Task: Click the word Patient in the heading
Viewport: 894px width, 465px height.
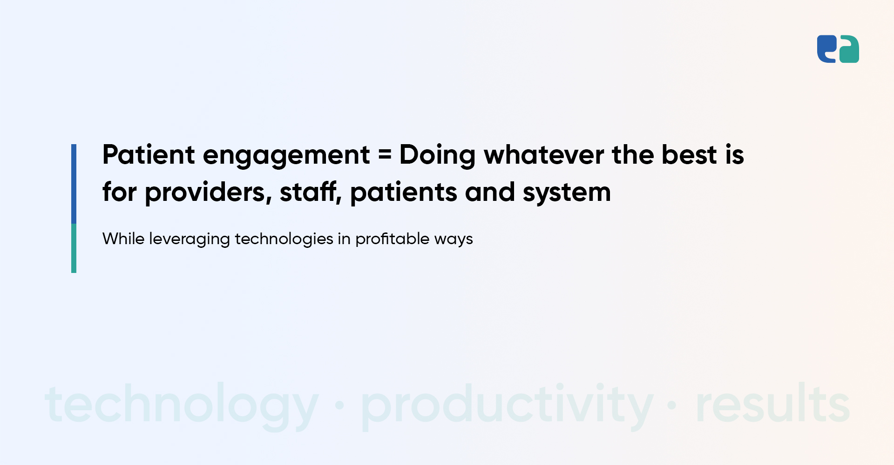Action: point(149,154)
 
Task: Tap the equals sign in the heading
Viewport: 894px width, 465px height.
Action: point(385,155)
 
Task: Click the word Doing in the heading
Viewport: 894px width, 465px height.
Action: point(437,156)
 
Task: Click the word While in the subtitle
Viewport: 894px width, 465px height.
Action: point(123,239)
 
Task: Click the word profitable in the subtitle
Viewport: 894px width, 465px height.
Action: point(393,240)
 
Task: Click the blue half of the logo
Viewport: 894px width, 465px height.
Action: point(827,49)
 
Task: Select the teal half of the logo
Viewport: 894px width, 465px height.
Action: point(849,49)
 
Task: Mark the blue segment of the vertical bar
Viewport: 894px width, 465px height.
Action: point(74,184)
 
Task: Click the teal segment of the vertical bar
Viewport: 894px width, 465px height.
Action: point(74,248)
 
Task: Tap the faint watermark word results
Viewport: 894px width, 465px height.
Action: point(773,403)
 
